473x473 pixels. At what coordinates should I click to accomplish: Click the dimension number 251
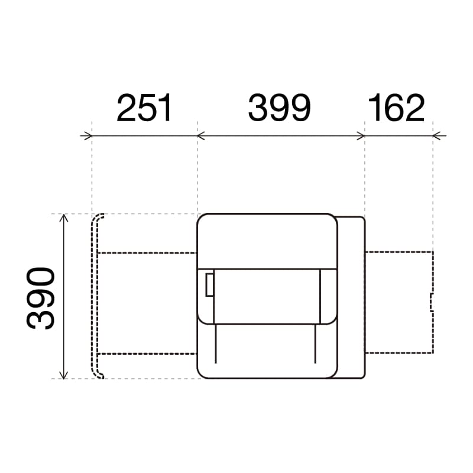click(144, 108)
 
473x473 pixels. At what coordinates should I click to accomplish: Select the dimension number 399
click(279, 108)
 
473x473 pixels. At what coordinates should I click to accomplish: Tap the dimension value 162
click(396, 108)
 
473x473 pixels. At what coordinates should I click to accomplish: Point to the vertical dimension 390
click(41, 298)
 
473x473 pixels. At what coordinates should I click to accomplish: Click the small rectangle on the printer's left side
click(209, 285)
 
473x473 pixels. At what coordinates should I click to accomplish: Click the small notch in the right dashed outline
click(432, 302)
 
